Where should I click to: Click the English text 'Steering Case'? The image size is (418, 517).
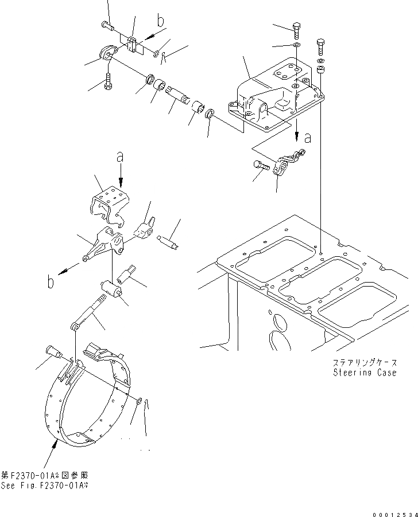365,373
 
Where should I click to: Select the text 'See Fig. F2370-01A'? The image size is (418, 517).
45,485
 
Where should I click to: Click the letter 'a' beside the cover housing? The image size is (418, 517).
308,138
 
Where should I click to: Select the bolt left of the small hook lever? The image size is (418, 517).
260,165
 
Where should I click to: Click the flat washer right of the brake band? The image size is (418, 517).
140,399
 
